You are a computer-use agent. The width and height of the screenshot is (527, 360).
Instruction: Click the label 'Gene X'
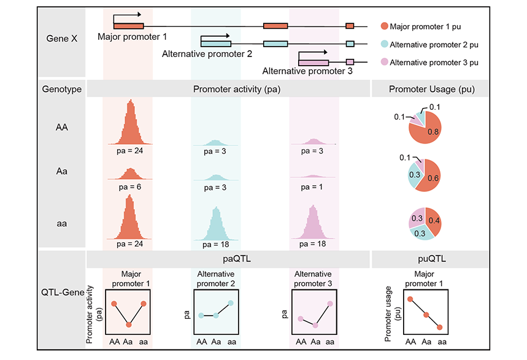pos(62,39)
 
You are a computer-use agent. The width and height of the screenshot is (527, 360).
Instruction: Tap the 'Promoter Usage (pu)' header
pos(431,89)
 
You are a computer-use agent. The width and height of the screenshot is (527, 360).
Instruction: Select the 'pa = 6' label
pos(129,187)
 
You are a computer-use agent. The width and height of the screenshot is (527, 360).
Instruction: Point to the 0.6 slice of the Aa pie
pos(431,177)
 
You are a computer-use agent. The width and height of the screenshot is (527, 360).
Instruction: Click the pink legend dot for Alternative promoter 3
pos(385,62)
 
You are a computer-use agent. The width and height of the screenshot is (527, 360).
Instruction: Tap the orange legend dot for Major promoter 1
pos(385,26)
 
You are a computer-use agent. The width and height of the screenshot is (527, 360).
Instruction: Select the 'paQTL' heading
pos(237,259)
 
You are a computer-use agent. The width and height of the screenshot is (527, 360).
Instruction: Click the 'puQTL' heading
pos(432,259)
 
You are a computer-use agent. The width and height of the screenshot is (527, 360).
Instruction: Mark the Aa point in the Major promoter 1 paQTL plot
pos(129,324)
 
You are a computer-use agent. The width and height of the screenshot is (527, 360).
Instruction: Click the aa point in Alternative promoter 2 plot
pos(231,303)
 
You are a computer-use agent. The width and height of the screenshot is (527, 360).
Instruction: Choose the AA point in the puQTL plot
pos(410,299)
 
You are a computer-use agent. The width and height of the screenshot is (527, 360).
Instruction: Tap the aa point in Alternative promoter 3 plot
pos(330,304)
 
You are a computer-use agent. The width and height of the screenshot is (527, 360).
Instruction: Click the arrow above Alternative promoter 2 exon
pos(215,36)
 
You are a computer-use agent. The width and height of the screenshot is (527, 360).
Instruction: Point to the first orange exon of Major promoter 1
pos(129,26)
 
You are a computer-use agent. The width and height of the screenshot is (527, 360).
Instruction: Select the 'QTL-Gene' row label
pos(63,292)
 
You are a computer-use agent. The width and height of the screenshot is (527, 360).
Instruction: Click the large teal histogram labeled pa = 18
pos(217,225)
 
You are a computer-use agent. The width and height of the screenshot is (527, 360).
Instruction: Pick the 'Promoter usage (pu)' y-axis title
pos(393,313)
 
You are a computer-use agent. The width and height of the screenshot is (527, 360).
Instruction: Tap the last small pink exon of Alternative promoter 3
pos(350,62)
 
